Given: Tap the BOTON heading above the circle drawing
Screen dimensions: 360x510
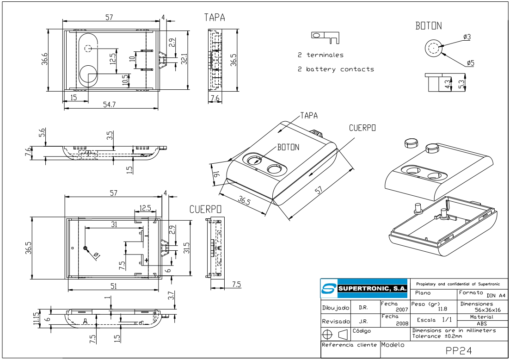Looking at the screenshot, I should coord(428,26).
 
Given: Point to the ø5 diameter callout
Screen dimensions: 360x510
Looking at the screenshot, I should coord(470,62).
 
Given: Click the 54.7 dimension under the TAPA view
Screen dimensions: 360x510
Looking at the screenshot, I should coord(109,105).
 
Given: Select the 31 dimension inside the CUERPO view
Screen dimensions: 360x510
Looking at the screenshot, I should coord(114,224).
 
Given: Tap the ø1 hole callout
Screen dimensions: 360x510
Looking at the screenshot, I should coord(97,255).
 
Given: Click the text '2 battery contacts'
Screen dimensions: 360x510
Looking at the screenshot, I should coord(336,69).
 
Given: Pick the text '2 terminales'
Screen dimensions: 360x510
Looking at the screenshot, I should coord(320,55).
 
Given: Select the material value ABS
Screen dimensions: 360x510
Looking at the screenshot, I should coord(481,323).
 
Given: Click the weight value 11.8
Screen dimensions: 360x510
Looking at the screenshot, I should coord(442,309).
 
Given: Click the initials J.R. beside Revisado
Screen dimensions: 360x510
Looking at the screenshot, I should coord(363,321).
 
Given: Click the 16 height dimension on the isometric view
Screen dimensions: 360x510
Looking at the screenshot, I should coord(216,174).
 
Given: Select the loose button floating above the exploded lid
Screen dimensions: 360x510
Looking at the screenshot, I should coord(411,143).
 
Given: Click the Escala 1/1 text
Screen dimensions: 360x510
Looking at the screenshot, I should coord(434,320).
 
